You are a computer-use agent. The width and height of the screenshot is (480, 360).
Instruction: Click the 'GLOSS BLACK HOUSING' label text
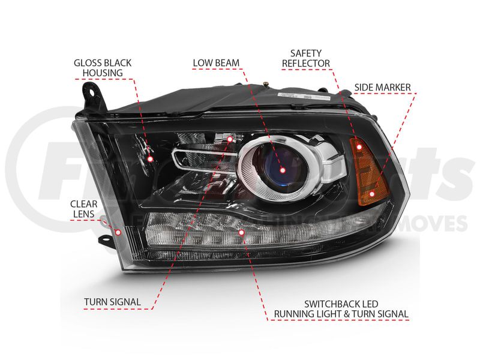(x=102, y=68)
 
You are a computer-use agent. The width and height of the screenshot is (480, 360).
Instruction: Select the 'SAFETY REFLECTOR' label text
(x=310, y=58)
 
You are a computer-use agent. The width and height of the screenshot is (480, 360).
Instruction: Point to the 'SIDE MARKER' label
(x=382, y=88)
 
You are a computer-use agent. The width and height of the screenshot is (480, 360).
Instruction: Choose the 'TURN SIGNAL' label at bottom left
(x=112, y=302)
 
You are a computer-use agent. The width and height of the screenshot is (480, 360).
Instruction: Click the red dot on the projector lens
(x=281, y=157)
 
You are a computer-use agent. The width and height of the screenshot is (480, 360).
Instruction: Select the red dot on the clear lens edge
(x=118, y=232)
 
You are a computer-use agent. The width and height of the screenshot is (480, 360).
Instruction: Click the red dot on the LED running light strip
(x=242, y=232)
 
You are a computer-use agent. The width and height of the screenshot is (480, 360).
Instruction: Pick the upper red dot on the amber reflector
(x=359, y=146)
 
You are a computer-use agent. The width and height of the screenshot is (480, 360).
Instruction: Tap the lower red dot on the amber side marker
(x=373, y=193)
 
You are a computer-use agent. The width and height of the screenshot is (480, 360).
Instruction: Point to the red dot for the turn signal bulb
(x=230, y=139)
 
